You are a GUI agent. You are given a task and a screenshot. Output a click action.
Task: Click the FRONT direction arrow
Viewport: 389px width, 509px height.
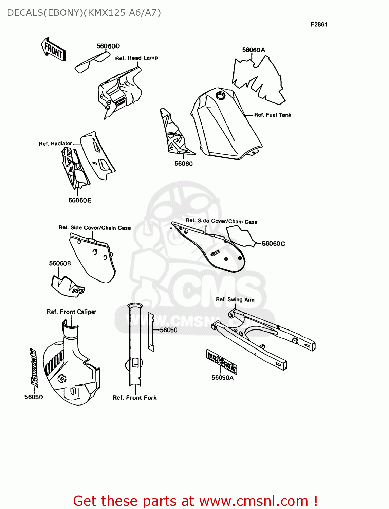coord(53,50)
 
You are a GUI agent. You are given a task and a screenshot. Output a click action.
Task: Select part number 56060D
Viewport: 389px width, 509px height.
coord(108,46)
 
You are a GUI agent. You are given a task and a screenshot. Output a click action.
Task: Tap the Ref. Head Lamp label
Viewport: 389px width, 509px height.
coord(136,58)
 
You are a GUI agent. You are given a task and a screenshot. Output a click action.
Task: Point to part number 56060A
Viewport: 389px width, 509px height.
coord(254,50)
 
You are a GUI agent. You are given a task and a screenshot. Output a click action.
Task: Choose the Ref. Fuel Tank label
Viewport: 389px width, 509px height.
coord(273,115)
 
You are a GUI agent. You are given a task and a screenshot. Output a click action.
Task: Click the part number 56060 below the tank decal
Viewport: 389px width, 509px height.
coord(183,164)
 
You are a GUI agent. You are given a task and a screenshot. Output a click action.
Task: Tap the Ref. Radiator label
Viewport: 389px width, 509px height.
coord(55,144)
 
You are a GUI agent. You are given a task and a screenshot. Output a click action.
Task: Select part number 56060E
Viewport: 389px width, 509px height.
coord(80,200)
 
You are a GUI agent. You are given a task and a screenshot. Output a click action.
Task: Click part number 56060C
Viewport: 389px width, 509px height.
coord(273,244)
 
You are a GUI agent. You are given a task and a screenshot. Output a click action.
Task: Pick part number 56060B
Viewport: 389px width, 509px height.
coord(60,263)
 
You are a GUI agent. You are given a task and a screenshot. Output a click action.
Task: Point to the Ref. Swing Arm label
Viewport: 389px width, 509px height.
coord(235,299)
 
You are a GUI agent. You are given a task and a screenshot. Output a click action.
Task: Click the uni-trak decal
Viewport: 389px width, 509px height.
coord(222,362)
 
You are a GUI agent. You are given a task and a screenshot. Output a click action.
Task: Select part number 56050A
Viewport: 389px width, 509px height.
coord(222,378)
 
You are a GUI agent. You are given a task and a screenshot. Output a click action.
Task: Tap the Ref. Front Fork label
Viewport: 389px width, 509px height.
coord(134,398)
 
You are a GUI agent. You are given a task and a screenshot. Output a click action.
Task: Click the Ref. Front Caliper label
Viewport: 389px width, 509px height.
coord(71,312)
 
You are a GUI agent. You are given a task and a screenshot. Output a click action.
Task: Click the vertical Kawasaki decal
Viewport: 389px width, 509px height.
coord(34,368)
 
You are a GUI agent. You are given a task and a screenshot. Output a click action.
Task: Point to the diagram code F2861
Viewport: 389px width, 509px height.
coord(319,24)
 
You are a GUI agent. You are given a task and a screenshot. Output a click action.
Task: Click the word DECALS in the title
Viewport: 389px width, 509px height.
coord(23,13)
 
